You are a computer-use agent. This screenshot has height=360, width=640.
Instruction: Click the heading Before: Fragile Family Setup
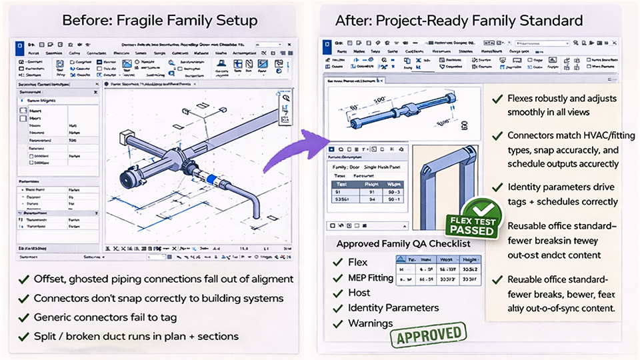[x=160, y=20]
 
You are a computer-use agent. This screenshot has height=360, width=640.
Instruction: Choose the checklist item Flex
[x=357, y=262]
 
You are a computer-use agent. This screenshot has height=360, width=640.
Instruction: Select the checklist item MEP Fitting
[x=371, y=277]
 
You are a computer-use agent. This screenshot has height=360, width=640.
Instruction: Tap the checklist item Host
[x=359, y=293]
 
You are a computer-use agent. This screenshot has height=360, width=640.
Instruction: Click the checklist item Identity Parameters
[x=393, y=308]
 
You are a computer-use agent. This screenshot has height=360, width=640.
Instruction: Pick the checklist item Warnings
[x=370, y=323]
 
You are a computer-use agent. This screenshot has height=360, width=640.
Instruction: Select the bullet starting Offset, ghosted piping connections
[x=163, y=279]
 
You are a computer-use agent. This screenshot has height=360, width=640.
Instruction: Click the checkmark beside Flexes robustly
[x=497, y=99]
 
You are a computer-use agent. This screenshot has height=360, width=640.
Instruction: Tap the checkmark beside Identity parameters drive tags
[x=497, y=188]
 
